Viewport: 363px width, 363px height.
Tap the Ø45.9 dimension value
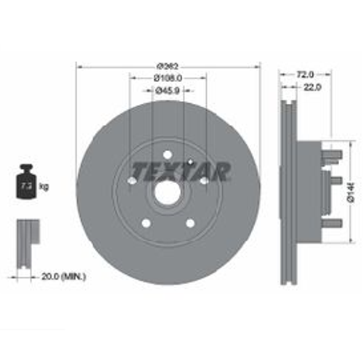[x=168, y=90]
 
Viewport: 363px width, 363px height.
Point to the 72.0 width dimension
[x=306, y=73]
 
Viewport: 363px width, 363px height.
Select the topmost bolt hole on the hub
[x=168, y=155]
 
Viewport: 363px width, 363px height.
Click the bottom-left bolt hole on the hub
[x=147, y=223]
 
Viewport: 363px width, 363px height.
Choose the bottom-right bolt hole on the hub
[x=190, y=222]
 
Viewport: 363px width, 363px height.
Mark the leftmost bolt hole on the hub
[x=133, y=181]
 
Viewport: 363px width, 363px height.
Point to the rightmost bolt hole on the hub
[x=204, y=181]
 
